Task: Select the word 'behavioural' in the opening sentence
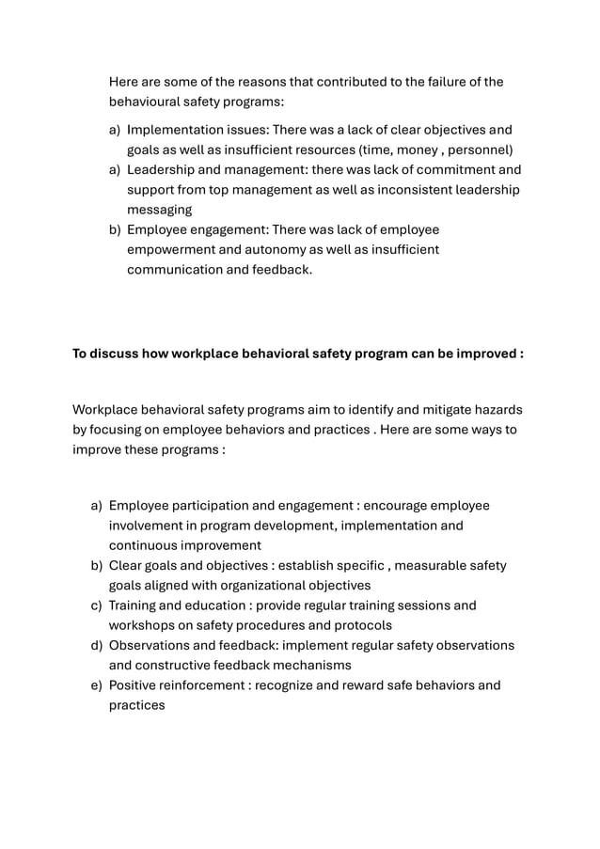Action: click(149, 102)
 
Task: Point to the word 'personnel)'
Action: click(479, 150)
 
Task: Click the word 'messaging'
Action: click(160, 211)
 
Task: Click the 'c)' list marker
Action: click(96, 605)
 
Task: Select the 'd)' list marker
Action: click(96, 645)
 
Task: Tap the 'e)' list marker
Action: click(96, 685)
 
